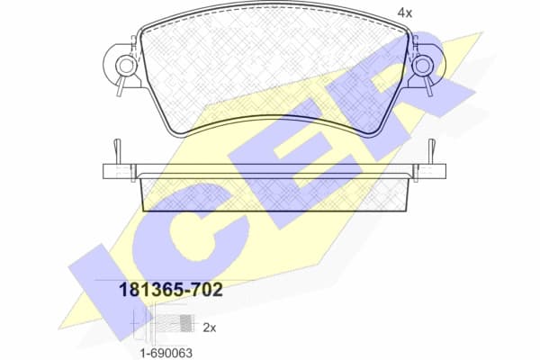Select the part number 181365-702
(171, 289)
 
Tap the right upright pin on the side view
(430, 148)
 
